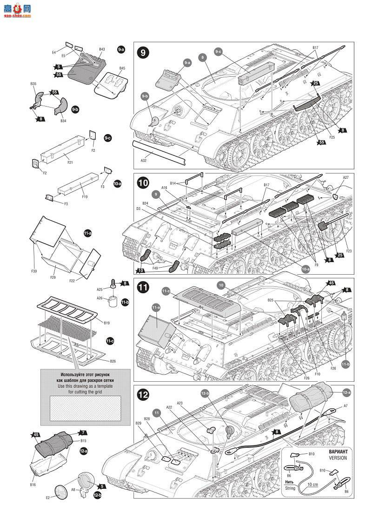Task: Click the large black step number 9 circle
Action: click(144, 52)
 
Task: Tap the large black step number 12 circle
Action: click(144, 395)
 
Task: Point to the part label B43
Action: click(102, 49)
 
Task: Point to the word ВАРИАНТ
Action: click(338, 452)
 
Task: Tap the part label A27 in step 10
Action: click(345, 177)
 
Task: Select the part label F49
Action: click(154, 268)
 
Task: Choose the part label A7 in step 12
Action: click(345, 406)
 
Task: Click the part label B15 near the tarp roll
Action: click(83, 440)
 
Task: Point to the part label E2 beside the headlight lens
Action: click(47, 498)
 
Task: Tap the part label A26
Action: click(100, 298)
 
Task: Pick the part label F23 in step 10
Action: click(349, 251)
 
